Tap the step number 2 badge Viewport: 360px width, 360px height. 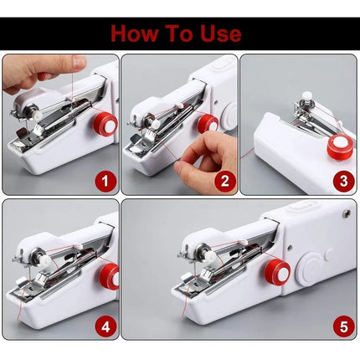tap(224, 179)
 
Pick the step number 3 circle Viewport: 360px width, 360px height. tap(343, 178)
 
